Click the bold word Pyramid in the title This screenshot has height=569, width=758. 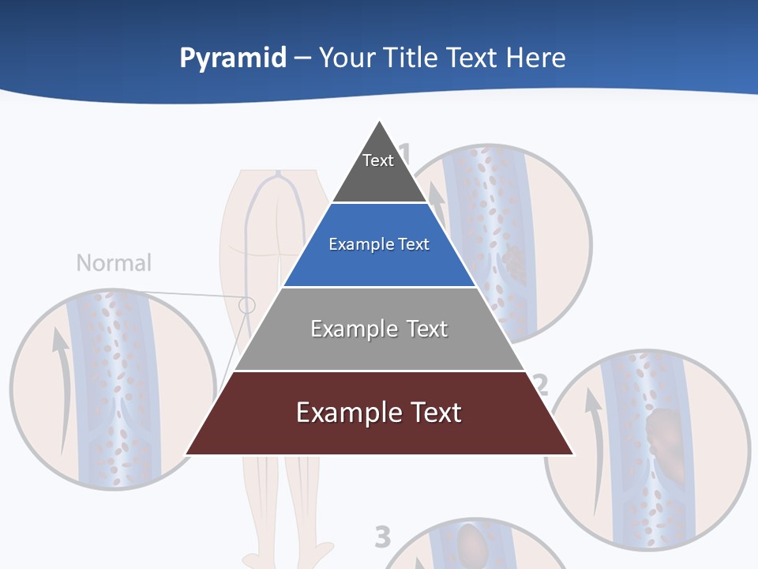click(x=233, y=58)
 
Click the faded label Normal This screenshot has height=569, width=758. click(x=114, y=262)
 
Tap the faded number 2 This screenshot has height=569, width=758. click(x=540, y=385)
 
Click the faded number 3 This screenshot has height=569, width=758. click(x=382, y=537)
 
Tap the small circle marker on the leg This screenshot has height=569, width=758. click(x=248, y=303)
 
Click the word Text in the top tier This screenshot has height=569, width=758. click(x=377, y=160)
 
